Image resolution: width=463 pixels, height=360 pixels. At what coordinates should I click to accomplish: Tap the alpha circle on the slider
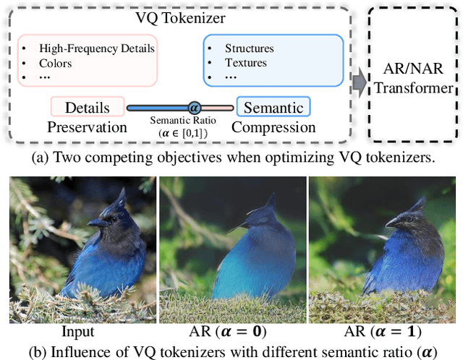click(194, 108)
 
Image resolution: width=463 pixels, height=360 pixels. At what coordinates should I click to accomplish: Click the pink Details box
click(88, 108)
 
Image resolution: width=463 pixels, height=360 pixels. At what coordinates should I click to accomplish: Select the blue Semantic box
click(273, 108)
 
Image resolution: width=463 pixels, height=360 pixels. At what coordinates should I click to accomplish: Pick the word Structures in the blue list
click(250, 48)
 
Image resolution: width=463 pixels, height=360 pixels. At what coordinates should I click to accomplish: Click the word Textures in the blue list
click(245, 62)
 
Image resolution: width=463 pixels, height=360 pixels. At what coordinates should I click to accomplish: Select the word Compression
click(273, 127)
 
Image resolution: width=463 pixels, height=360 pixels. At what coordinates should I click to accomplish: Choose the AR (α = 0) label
click(231, 332)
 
